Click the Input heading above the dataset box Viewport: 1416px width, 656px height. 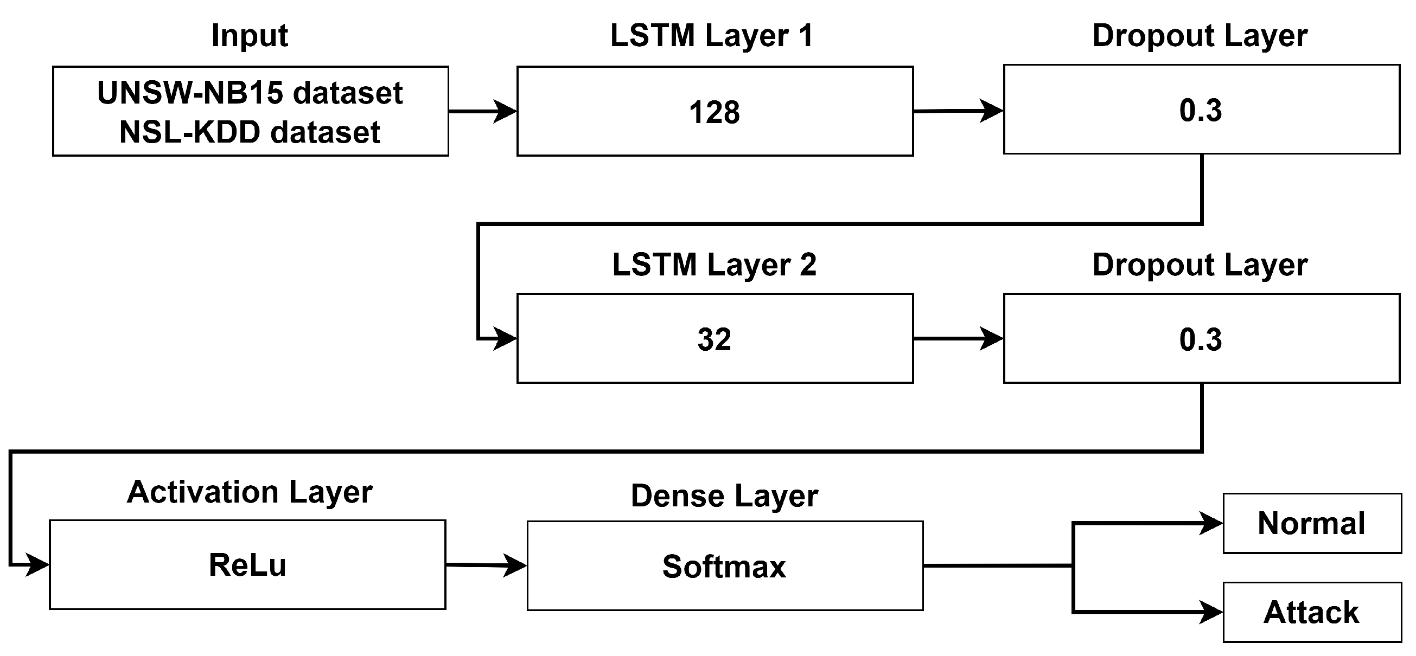click(x=250, y=36)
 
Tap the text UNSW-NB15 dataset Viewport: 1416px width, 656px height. click(x=250, y=92)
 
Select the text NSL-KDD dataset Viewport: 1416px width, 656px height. click(x=250, y=132)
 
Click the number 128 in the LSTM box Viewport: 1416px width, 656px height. click(x=714, y=112)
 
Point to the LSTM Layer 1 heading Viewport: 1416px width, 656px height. click(x=711, y=36)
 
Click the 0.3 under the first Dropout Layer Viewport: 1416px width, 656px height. click(x=1201, y=110)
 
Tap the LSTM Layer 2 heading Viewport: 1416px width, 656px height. click(x=714, y=265)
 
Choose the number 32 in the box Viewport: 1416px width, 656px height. click(x=714, y=339)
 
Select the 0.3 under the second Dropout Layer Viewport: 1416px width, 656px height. click(x=1201, y=339)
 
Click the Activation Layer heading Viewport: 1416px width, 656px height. click(x=250, y=492)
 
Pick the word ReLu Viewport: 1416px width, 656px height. click(x=247, y=565)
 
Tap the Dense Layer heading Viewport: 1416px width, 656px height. click(x=724, y=496)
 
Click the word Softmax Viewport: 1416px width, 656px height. click(x=724, y=567)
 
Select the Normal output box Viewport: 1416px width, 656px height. click(x=1311, y=523)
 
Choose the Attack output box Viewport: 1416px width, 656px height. click(x=1311, y=612)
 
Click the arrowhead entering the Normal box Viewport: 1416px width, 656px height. click(x=1211, y=523)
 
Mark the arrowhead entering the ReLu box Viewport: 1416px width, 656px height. click(x=37, y=564)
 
